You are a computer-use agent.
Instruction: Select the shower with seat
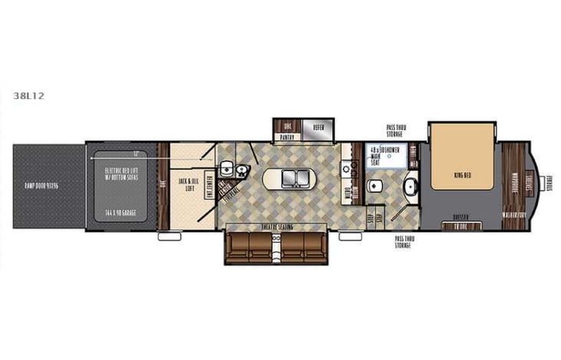[385, 155]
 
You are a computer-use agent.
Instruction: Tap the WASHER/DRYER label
[513, 216]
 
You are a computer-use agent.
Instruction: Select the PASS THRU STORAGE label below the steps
[404, 242]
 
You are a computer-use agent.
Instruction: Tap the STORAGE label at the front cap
[549, 181]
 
